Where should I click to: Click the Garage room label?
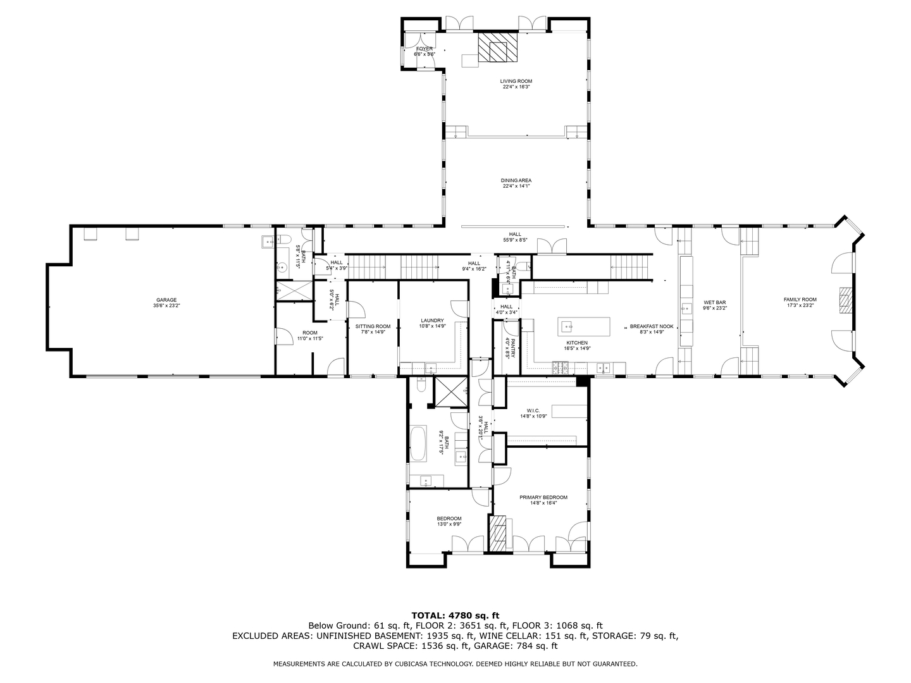pyautogui.click(x=166, y=303)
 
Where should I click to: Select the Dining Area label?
pyautogui.click(x=516, y=183)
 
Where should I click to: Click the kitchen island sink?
pyautogui.click(x=567, y=327)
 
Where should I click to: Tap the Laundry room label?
pyautogui.click(x=432, y=323)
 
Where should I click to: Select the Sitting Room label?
pyautogui.click(x=373, y=329)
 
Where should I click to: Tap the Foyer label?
pyautogui.click(x=424, y=51)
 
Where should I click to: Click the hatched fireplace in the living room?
pyautogui.click(x=497, y=47)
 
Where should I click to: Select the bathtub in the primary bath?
pyautogui.click(x=419, y=444)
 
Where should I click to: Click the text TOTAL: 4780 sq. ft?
pyautogui.click(x=455, y=615)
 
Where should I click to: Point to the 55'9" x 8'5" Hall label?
pyautogui.click(x=515, y=237)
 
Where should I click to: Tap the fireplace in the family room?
pyautogui.click(x=845, y=300)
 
